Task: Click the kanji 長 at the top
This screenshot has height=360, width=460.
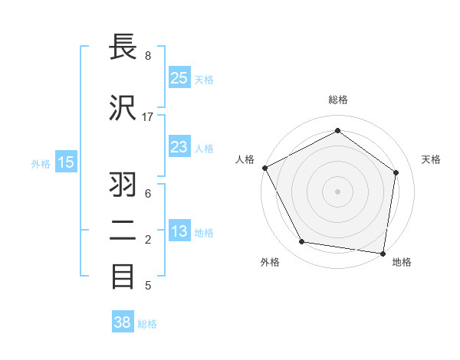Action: click(123, 47)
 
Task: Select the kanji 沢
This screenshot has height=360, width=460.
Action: click(123, 109)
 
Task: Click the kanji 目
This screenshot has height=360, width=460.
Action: click(123, 276)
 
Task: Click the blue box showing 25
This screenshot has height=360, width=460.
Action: click(179, 77)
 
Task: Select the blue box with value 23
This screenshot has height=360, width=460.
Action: click(179, 147)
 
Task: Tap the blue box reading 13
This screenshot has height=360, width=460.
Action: click(179, 231)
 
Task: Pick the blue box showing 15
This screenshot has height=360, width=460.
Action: click(66, 162)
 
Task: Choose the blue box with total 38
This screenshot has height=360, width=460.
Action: click(123, 322)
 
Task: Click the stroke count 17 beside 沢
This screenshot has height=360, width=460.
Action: click(148, 117)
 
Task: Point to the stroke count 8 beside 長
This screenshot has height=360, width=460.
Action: click(148, 56)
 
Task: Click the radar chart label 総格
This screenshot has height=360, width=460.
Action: click(338, 100)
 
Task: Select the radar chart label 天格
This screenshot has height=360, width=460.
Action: click(432, 159)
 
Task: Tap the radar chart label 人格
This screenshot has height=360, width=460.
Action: click(245, 159)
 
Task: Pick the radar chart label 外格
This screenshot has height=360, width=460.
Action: click(270, 263)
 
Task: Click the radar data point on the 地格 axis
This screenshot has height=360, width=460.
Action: click(383, 253)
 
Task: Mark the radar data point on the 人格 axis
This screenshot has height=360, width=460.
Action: click(264, 168)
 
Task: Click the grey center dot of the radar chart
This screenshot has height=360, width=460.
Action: click(338, 191)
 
